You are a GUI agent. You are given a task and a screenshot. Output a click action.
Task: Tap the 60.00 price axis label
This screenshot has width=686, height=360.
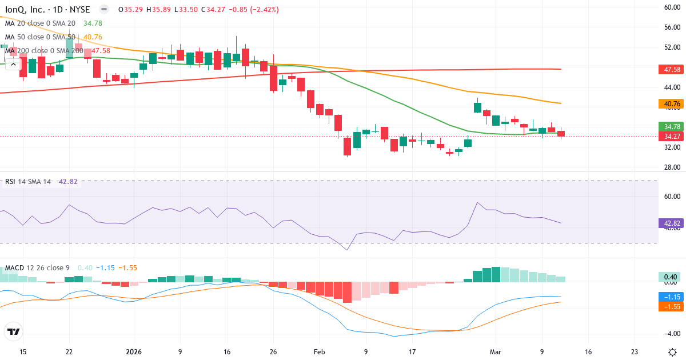[671, 7]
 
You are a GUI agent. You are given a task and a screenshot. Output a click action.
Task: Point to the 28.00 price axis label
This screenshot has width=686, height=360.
[671, 167]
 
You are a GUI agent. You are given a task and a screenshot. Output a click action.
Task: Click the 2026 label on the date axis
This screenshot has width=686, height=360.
[133, 351]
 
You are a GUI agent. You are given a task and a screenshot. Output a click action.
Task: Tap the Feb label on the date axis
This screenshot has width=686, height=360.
[319, 351]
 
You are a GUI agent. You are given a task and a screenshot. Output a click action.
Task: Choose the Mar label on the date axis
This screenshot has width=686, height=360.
[494, 351]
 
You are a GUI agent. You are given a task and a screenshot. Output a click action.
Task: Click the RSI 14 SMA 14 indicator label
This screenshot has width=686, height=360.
[27, 182]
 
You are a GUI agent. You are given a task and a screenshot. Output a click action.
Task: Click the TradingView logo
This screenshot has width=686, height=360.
[13, 331]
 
